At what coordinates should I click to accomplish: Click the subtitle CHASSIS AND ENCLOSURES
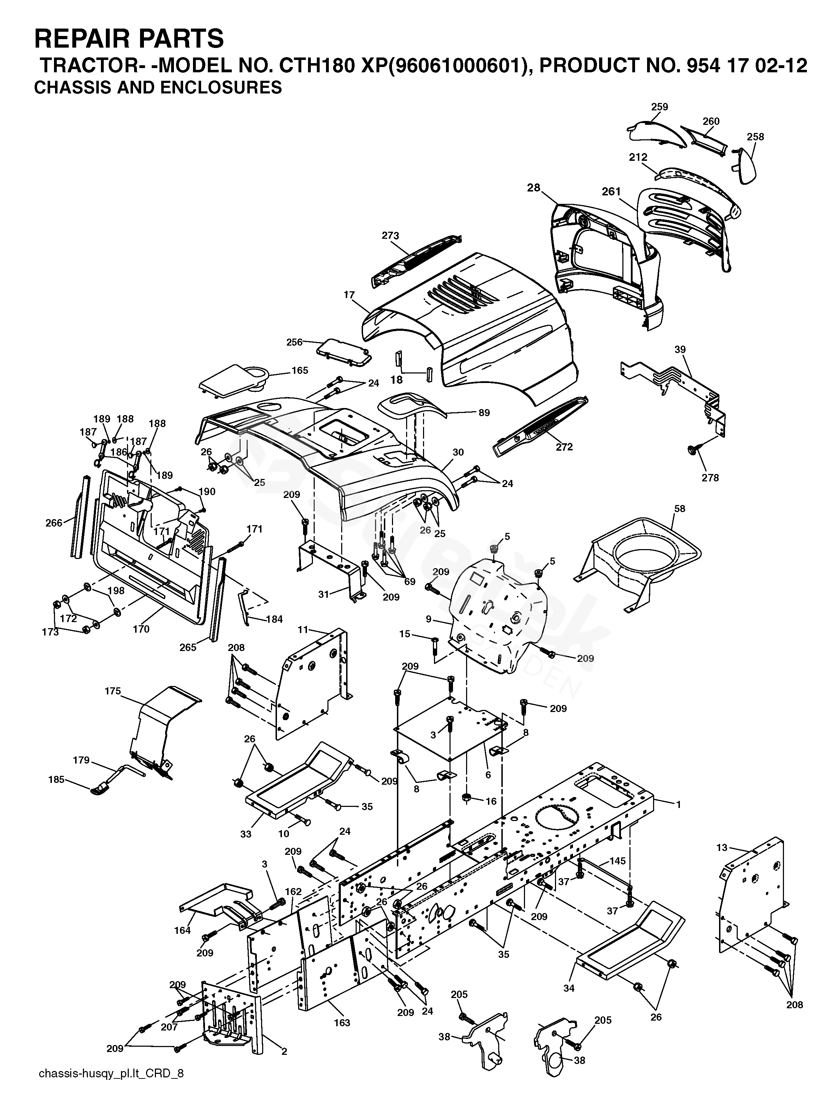coord(157,87)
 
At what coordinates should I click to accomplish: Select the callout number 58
coord(680,509)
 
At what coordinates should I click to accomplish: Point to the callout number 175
coord(113,691)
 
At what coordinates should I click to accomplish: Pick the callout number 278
coord(710,478)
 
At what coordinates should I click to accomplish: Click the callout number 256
coord(295,342)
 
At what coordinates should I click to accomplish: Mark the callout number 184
coord(274,619)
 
